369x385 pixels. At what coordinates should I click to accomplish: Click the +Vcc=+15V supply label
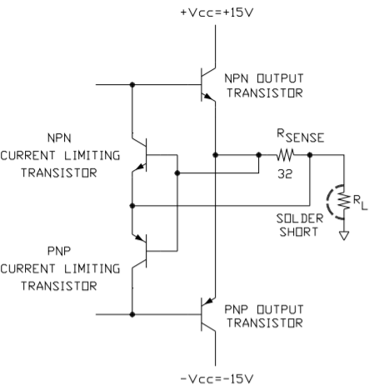click(217, 12)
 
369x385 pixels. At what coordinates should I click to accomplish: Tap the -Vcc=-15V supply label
click(217, 378)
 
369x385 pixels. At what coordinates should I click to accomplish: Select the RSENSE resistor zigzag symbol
click(285, 155)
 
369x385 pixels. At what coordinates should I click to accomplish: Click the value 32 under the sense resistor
click(285, 174)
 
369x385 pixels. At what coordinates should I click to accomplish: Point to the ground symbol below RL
click(344, 235)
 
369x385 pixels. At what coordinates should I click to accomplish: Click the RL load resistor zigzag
click(344, 202)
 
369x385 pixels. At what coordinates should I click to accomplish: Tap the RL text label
click(360, 202)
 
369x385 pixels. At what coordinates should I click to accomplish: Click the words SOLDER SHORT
click(300, 225)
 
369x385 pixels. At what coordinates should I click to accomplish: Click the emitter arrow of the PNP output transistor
click(209, 301)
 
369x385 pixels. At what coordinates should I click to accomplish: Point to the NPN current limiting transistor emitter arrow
click(141, 167)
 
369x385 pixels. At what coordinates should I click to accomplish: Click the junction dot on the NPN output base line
click(132, 84)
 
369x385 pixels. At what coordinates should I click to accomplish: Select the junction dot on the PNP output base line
click(132, 314)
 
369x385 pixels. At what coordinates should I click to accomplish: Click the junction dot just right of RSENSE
click(310, 155)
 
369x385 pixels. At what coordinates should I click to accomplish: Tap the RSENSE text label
click(301, 136)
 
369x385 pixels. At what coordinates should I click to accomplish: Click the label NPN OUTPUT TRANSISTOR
click(264, 86)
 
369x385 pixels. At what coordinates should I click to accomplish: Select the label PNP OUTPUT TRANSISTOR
click(264, 316)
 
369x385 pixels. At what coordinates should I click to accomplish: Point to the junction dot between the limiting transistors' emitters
click(132, 206)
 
